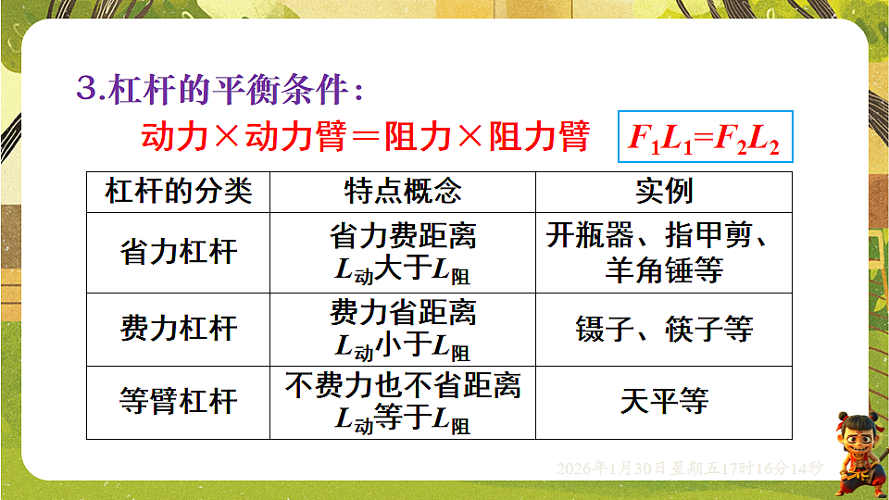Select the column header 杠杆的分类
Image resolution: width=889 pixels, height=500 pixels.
coord(178,192)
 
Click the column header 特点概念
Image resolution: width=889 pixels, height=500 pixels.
coord(403,192)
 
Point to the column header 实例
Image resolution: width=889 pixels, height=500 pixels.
coord(664,192)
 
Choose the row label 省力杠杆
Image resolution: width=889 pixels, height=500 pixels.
coord(178,253)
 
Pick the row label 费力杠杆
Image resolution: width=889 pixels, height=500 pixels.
coord(178,329)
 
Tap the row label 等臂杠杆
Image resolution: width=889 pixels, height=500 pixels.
coord(178,402)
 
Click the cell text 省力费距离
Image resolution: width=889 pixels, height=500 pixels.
coord(403,236)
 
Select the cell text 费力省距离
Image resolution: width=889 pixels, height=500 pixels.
coord(403,312)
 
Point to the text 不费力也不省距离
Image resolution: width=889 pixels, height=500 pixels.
coord(403,385)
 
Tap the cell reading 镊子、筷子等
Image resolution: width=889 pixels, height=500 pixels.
coord(664,329)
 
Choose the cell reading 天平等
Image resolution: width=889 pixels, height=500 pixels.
coord(664,402)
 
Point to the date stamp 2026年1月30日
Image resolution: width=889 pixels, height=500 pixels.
coord(690,469)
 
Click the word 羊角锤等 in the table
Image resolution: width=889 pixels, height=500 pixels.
coord(664,269)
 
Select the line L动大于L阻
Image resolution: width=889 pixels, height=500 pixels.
coord(403,270)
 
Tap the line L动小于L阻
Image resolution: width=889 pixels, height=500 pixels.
coord(403,346)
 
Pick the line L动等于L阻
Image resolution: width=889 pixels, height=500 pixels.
coord(403,419)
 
